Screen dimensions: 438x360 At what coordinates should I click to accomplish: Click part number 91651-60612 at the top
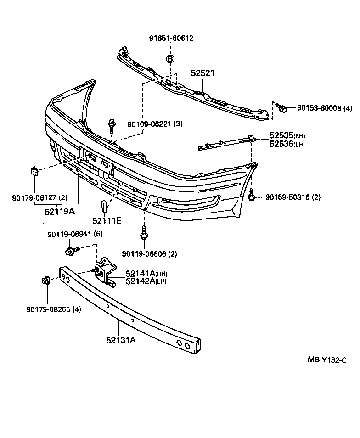coord(171,38)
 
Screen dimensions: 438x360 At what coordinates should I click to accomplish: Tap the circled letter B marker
coord(170,59)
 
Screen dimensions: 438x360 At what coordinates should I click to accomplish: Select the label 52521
coord(202,73)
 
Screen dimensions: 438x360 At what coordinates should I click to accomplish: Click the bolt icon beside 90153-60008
coord(282,108)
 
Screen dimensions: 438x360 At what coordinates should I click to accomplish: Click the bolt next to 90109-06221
coord(112,124)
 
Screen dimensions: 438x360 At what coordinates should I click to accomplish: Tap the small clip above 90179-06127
coord(34,171)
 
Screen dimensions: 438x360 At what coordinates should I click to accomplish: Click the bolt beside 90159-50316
coord(252,197)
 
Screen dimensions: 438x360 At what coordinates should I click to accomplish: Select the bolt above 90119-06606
coord(144,235)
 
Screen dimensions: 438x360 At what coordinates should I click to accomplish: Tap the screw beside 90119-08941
coord(72,251)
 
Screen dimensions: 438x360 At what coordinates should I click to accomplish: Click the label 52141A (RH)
coord(140,274)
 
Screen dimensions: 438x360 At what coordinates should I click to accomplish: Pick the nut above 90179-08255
coord(46,280)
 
